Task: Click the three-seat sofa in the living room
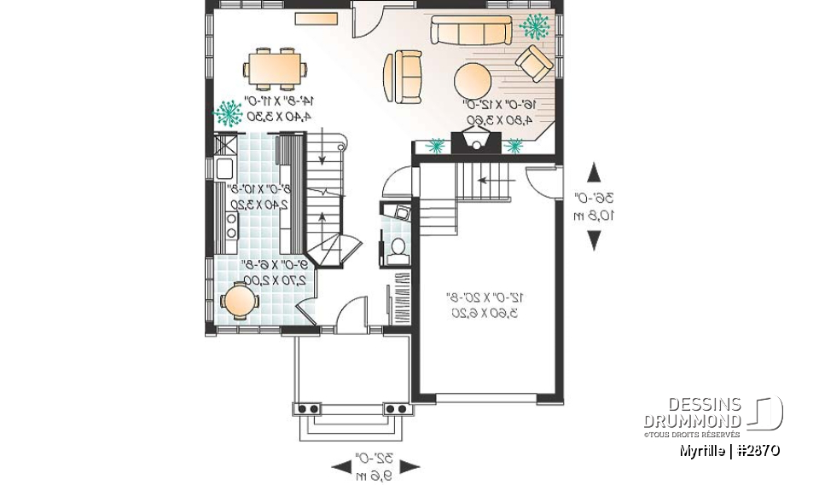click(x=472, y=31)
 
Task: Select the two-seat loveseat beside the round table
click(x=403, y=76)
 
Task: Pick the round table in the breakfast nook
click(x=239, y=301)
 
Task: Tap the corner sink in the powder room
click(x=398, y=212)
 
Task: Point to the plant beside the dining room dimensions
click(x=228, y=112)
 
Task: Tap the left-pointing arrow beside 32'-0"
click(x=341, y=465)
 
